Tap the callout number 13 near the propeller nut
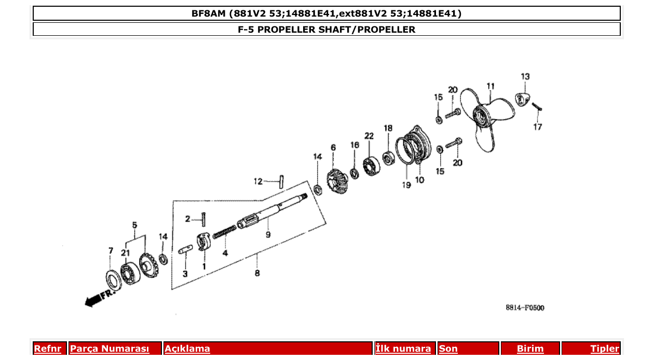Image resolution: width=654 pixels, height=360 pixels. tap(525, 77)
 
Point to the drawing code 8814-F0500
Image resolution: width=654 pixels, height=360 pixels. tap(525, 308)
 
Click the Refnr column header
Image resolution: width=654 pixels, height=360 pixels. tap(48, 349)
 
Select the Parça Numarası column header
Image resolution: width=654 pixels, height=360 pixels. tap(110, 349)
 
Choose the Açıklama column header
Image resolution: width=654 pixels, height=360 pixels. tap(187, 349)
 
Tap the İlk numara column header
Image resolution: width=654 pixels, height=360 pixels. tap(403, 349)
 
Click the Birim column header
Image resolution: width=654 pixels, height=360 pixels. tap(530, 349)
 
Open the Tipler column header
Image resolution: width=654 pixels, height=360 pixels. tap(605, 349)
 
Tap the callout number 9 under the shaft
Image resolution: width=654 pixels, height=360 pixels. tap(268, 235)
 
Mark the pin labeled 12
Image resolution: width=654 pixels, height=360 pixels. tap(281, 182)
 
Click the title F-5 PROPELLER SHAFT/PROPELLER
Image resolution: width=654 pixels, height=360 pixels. tap(326, 30)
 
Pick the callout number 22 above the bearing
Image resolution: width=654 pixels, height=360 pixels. tap(369, 136)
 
